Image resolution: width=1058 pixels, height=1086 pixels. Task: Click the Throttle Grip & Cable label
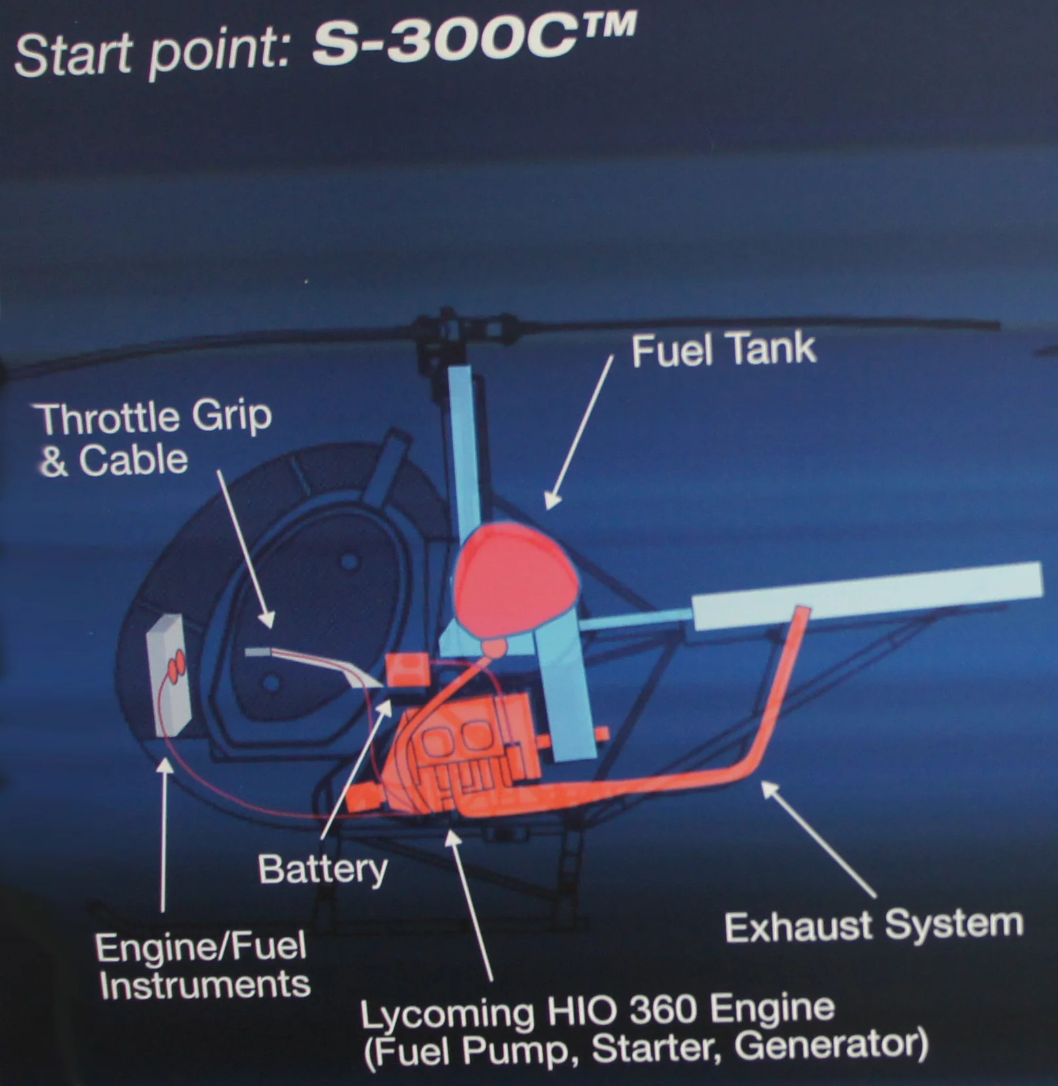pos(154,438)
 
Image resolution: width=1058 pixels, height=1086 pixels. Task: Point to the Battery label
pos(323,869)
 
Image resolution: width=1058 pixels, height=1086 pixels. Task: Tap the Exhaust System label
pos(873,925)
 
